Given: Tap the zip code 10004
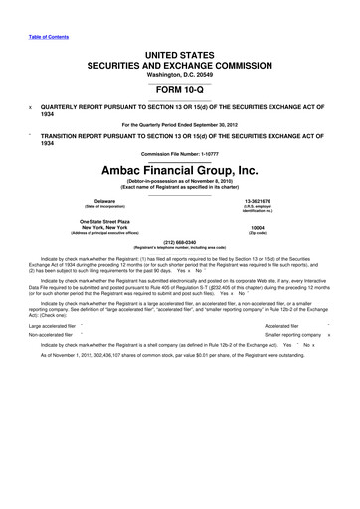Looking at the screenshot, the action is pyautogui.click(x=259, y=227).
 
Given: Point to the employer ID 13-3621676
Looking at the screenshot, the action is pyautogui.click(x=259, y=200).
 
